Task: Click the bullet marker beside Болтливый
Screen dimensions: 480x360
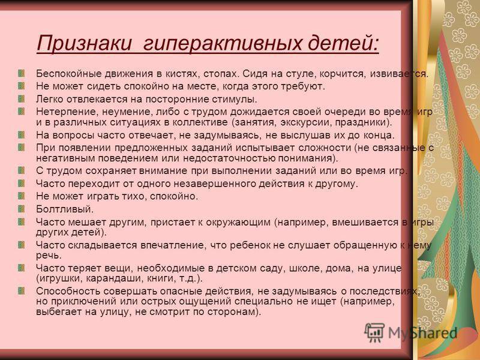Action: click(21, 209)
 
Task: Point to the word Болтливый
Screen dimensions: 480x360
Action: click(65, 209)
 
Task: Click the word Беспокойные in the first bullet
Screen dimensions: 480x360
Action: click(68, 74)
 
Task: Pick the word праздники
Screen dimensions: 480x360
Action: click(364, 122)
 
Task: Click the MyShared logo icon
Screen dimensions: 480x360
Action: click(374, 333)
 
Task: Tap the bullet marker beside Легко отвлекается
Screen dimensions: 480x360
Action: click(21, 99)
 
